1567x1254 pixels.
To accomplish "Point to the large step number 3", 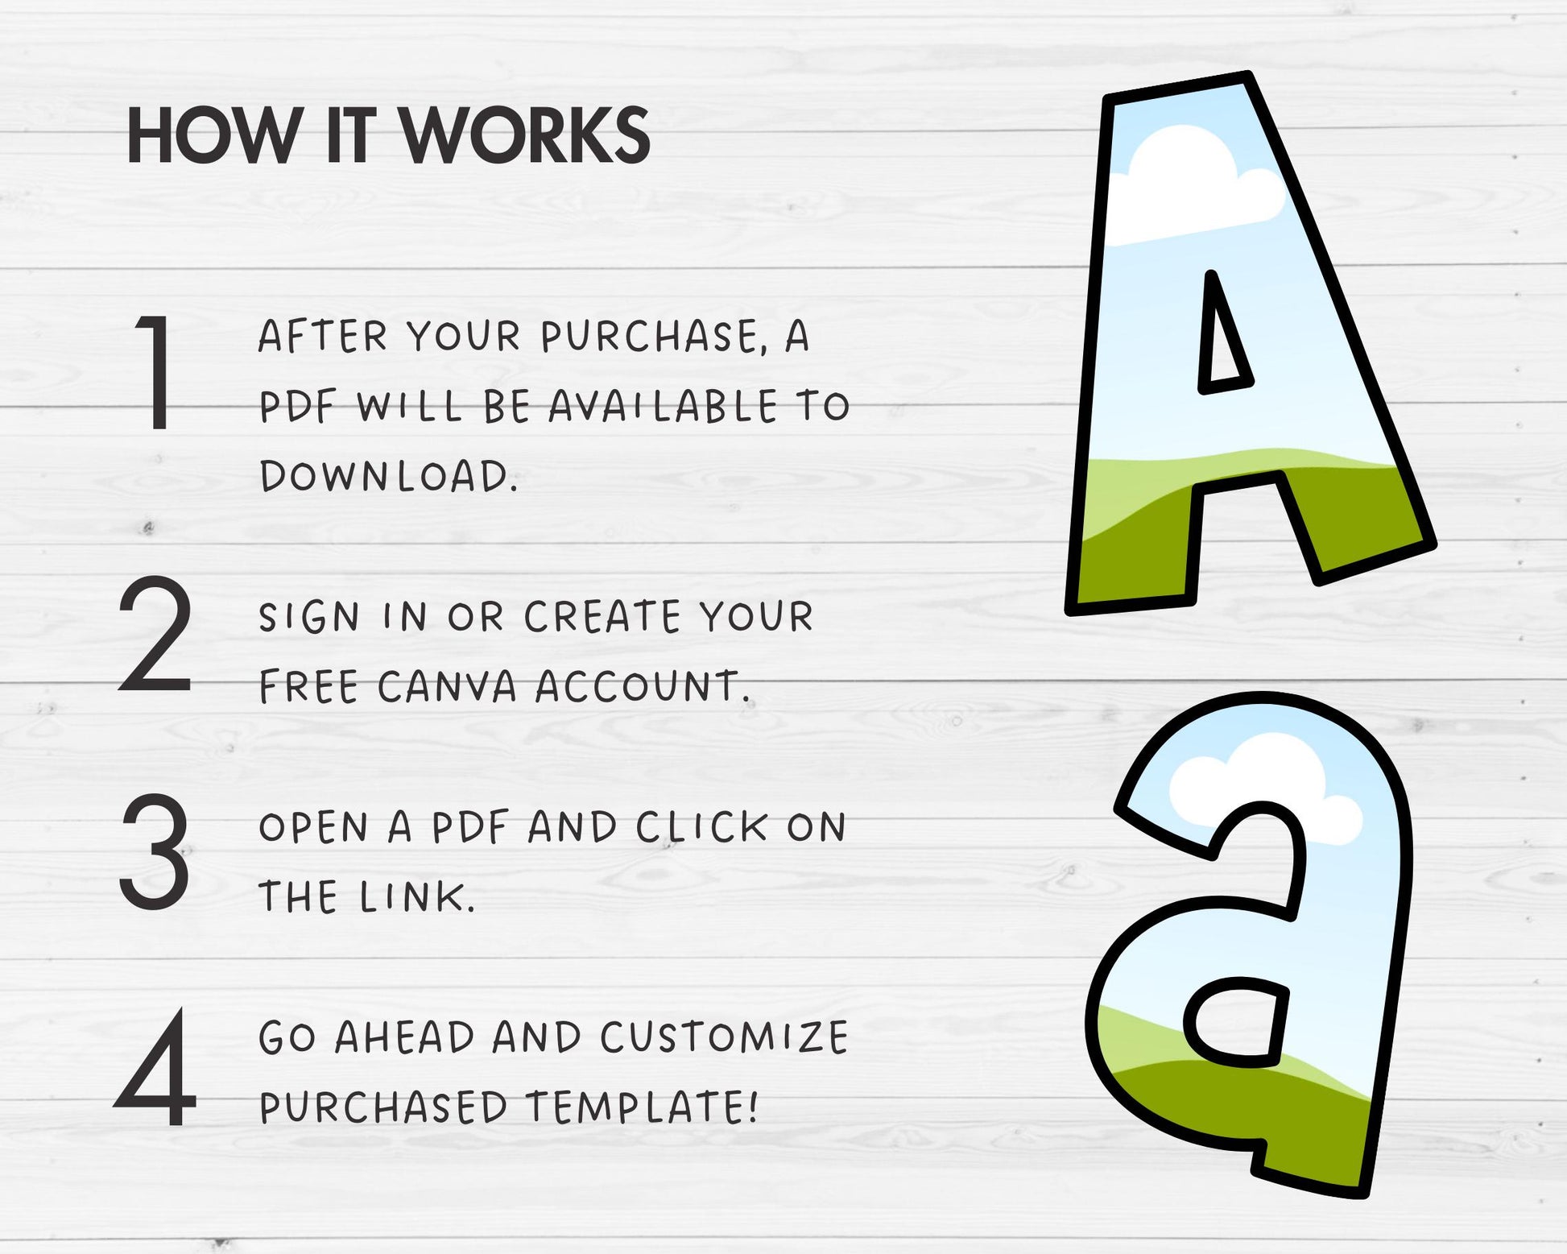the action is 155,851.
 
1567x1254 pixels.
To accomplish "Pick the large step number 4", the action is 155,1067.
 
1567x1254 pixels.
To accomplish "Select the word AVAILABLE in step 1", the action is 664,406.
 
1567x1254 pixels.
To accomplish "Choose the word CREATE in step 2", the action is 602,618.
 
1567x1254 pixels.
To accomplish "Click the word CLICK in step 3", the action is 701,827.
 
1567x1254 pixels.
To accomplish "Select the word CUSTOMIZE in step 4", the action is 724,1037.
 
